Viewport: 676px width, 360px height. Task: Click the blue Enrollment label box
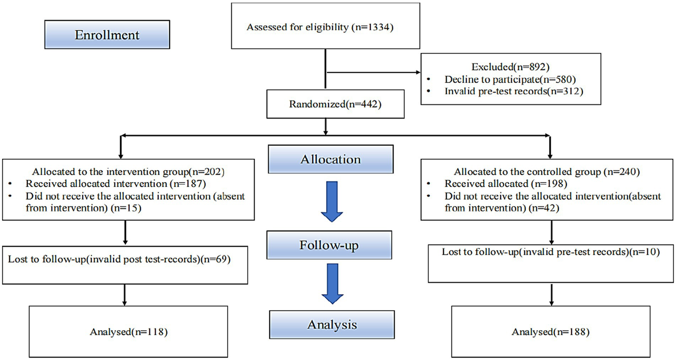(x=107, y=34)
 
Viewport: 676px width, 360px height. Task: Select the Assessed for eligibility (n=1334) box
(x=325, y=26)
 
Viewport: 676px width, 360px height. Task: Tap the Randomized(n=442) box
(x=335, y=104)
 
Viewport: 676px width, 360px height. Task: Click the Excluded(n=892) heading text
(x=510, y=67)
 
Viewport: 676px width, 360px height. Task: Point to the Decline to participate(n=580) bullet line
(x=510, y=79)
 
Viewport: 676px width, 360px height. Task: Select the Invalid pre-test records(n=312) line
(x=513, y=91)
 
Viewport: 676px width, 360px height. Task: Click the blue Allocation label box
(x=331, y=159)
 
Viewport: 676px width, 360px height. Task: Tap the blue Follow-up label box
(x=329, y=245)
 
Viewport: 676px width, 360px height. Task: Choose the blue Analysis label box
(x=332, y=325)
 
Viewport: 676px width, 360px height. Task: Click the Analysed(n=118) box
(x=129, y=332)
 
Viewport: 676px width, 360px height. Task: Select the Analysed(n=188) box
(x=550, y=332)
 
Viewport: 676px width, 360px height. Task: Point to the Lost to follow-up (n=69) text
(x=119, y=259)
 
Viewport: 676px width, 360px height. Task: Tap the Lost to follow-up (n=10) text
(x=550, y=252)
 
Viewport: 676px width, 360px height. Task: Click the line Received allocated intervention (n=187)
(x=115, y=184)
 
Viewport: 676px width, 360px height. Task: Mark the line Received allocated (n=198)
(x=506, y=184)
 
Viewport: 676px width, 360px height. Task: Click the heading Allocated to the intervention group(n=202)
(x=128, y=172)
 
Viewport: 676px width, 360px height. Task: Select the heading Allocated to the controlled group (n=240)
(x=547, y=172)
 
